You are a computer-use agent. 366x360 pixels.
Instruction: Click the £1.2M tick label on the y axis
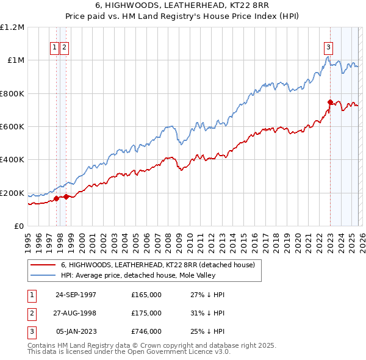click(x=12, y=27)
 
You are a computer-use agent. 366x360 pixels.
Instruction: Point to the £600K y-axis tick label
click(x=12, y=127)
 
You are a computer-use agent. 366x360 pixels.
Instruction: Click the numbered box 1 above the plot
click(x=54, y=47)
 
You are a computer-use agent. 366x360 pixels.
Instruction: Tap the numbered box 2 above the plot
click(x=64, y=47)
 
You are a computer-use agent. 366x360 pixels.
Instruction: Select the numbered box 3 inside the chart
click(x=329, y=47)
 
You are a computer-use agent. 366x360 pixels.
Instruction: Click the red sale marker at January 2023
click(x=330, y=103)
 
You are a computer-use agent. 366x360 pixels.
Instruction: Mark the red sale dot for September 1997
click(x=57, y=198)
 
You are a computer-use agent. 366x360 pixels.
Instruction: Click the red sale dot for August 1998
click(x=66, y=196)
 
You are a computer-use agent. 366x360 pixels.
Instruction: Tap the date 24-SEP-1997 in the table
click(x=76, y=295)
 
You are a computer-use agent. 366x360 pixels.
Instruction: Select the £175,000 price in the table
click(x=146, y=313)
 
